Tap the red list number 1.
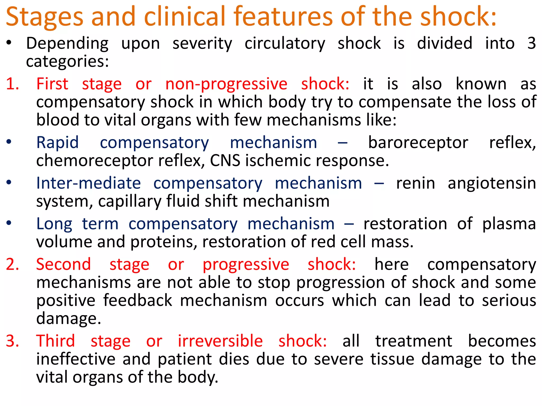coord(12,84)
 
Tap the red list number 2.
coord(12,264)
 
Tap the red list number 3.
coord(12,341)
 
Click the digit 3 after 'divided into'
coord(531,43)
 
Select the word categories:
coord(67,62)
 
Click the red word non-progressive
coord(226,84)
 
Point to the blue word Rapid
coord(57,143)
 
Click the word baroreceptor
coord(418,143)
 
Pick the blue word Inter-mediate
coord(88,183)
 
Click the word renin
coord(415,183)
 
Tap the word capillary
coord(130,201)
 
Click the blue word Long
coord(54,224)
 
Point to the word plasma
coord(509,224)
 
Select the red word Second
coord(64,264)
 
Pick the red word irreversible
coord(220,341)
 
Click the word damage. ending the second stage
coord(69,319)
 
